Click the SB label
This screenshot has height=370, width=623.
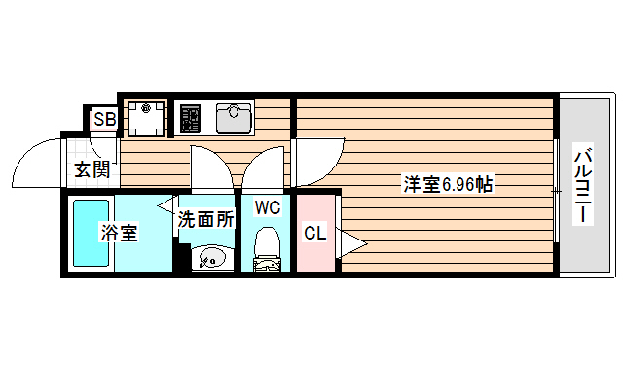click(x=104, y=120)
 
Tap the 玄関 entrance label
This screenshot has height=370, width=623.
click(x=92, y=170)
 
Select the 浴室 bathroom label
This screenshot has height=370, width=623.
click(x=121, y=233)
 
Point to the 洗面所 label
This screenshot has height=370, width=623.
click(x=206, y=220)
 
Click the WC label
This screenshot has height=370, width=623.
click(x=268, y=206)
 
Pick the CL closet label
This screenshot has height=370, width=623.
click(x=314, y=234)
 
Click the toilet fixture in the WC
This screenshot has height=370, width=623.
click(x=266, y=248)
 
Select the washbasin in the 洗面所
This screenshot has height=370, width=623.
click(x=209, y=258)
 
